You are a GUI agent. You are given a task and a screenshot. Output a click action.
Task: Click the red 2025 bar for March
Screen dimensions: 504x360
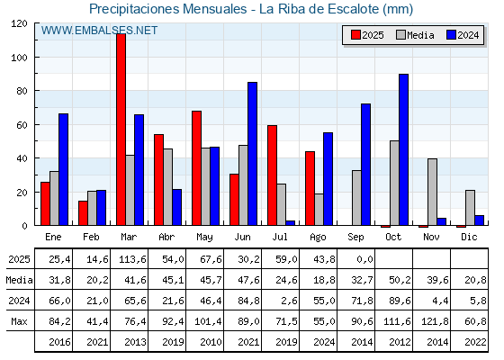pos(121,130)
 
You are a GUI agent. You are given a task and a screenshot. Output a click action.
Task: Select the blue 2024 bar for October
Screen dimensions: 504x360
pos(404,149)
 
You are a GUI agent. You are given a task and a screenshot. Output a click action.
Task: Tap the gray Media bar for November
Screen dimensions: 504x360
pos(432,192)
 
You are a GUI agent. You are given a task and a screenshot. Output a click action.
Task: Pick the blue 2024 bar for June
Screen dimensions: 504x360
pos(252,154)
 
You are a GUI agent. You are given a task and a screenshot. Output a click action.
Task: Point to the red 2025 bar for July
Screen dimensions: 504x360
pos(272,175)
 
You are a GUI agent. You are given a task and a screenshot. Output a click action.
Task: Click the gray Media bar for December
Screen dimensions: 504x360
pos(470,208)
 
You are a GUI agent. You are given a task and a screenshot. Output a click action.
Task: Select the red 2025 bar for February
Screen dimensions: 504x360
pos(83,212)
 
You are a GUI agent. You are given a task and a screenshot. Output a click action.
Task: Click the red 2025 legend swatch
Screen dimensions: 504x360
pos(355,35)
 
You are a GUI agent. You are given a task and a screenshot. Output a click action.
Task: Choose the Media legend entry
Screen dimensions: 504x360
pos(415,35)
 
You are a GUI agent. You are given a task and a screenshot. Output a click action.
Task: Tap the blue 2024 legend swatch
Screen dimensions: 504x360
pos(451,35)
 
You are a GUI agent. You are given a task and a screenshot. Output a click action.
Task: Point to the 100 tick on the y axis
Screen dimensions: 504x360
pos(21,58)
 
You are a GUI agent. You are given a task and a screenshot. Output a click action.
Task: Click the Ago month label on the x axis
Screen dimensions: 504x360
pos(318,238)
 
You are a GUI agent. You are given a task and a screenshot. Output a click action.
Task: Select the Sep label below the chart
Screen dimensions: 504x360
pos(355,237)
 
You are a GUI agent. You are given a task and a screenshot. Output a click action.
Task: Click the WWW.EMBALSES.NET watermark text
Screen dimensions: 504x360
pos(99,31)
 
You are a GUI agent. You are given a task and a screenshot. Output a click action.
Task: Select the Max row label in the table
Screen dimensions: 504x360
pos(19,321)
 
